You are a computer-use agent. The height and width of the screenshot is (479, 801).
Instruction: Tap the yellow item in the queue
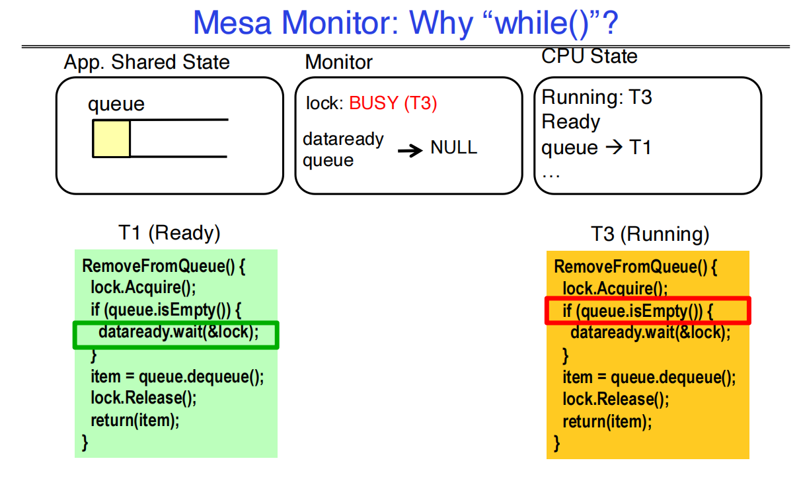click(111, 139)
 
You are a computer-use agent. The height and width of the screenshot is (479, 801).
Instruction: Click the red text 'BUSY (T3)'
click(393, 104)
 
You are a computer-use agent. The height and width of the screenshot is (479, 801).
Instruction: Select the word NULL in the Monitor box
click(453, 148)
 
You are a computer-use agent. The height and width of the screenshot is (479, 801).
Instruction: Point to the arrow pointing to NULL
click(410, 151)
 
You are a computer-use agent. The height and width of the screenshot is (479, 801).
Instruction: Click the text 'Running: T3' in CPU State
click(596, 98)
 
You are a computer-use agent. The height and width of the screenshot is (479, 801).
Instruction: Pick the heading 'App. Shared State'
click(147, 63)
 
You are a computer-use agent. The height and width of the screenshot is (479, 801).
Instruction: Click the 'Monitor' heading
click(338, 63)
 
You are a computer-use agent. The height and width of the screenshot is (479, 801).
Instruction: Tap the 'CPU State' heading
click(589, 57)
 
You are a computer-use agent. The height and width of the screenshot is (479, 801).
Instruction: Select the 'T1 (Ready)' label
click(169, 233)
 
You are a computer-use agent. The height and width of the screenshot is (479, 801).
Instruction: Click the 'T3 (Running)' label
click(649, 234)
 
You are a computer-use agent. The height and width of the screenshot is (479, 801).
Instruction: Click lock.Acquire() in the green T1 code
click(144, 288)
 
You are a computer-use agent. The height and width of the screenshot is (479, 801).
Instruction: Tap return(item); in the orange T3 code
click(607, 421)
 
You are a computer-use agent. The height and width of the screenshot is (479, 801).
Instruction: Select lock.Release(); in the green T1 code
click(144, 398)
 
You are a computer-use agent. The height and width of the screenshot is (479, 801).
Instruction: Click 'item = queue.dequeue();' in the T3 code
click(648, 377)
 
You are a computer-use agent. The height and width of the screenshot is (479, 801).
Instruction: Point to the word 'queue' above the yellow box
click(116, 105)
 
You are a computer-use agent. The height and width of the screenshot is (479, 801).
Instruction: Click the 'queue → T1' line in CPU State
click(596, 148)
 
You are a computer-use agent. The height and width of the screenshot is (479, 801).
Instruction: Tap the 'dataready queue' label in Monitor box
click(342, 150)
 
